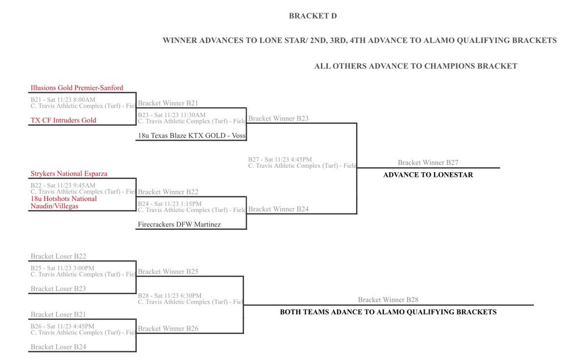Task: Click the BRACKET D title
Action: [313, 16]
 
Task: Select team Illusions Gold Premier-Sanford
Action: [77, 88]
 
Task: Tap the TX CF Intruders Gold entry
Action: [64, 120]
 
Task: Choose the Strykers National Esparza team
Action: [69, 174]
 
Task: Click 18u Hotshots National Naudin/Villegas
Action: [64, 202]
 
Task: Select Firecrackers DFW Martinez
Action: [180, 225]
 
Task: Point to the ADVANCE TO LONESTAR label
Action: [428, 175]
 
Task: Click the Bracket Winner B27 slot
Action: [428, 163]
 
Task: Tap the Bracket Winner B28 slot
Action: [388, 300]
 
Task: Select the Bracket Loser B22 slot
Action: [58, 256]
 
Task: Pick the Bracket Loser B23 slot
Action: [58, 289]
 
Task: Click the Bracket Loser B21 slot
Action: [58, 315]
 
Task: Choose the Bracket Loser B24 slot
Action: [58, 347]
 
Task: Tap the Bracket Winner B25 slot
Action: [168, 271]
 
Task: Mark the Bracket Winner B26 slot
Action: [168, 329]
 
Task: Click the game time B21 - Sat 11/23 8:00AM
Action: [63, 100]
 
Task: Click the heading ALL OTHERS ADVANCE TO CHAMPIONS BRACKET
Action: [416, 67]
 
